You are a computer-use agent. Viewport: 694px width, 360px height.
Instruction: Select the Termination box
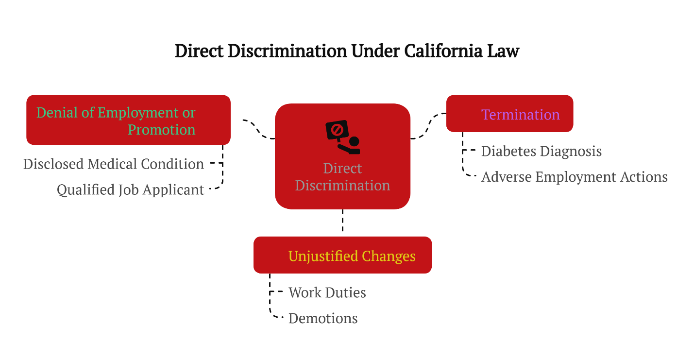[x=509, y=114]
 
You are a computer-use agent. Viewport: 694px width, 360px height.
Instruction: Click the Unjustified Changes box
[x=342, y=255]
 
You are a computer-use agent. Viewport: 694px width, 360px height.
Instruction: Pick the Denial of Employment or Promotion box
[x=128, y=120]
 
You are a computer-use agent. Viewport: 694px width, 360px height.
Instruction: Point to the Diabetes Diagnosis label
[x=541, y=151]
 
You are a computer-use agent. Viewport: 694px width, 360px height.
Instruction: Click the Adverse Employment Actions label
[x=574, y=177]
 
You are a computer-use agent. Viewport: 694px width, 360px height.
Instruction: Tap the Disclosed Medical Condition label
[x=114, y=164]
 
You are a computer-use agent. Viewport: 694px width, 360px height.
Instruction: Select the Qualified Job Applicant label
[x=130, y=189]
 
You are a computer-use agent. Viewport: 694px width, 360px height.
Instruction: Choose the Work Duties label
[x=327, y=292]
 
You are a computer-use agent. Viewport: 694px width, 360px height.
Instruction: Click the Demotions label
[x=323, y=318]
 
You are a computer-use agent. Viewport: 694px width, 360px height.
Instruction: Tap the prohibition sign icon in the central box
[x=337, y=130]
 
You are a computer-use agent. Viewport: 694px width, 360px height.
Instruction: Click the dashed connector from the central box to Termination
[x=428, y=126]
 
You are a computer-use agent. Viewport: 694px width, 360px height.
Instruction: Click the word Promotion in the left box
[x=161, y=130]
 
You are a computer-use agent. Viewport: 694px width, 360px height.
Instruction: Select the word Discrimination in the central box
[x=342, y=186]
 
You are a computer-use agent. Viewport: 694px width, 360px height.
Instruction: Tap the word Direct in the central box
[x=342, y=169]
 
